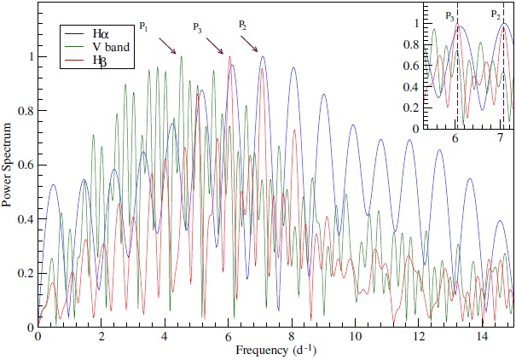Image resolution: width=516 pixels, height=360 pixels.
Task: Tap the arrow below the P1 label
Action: point(167,44)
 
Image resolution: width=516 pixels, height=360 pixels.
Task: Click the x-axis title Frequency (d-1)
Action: point(276,350)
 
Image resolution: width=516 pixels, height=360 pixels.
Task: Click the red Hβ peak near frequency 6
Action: point(229,57)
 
